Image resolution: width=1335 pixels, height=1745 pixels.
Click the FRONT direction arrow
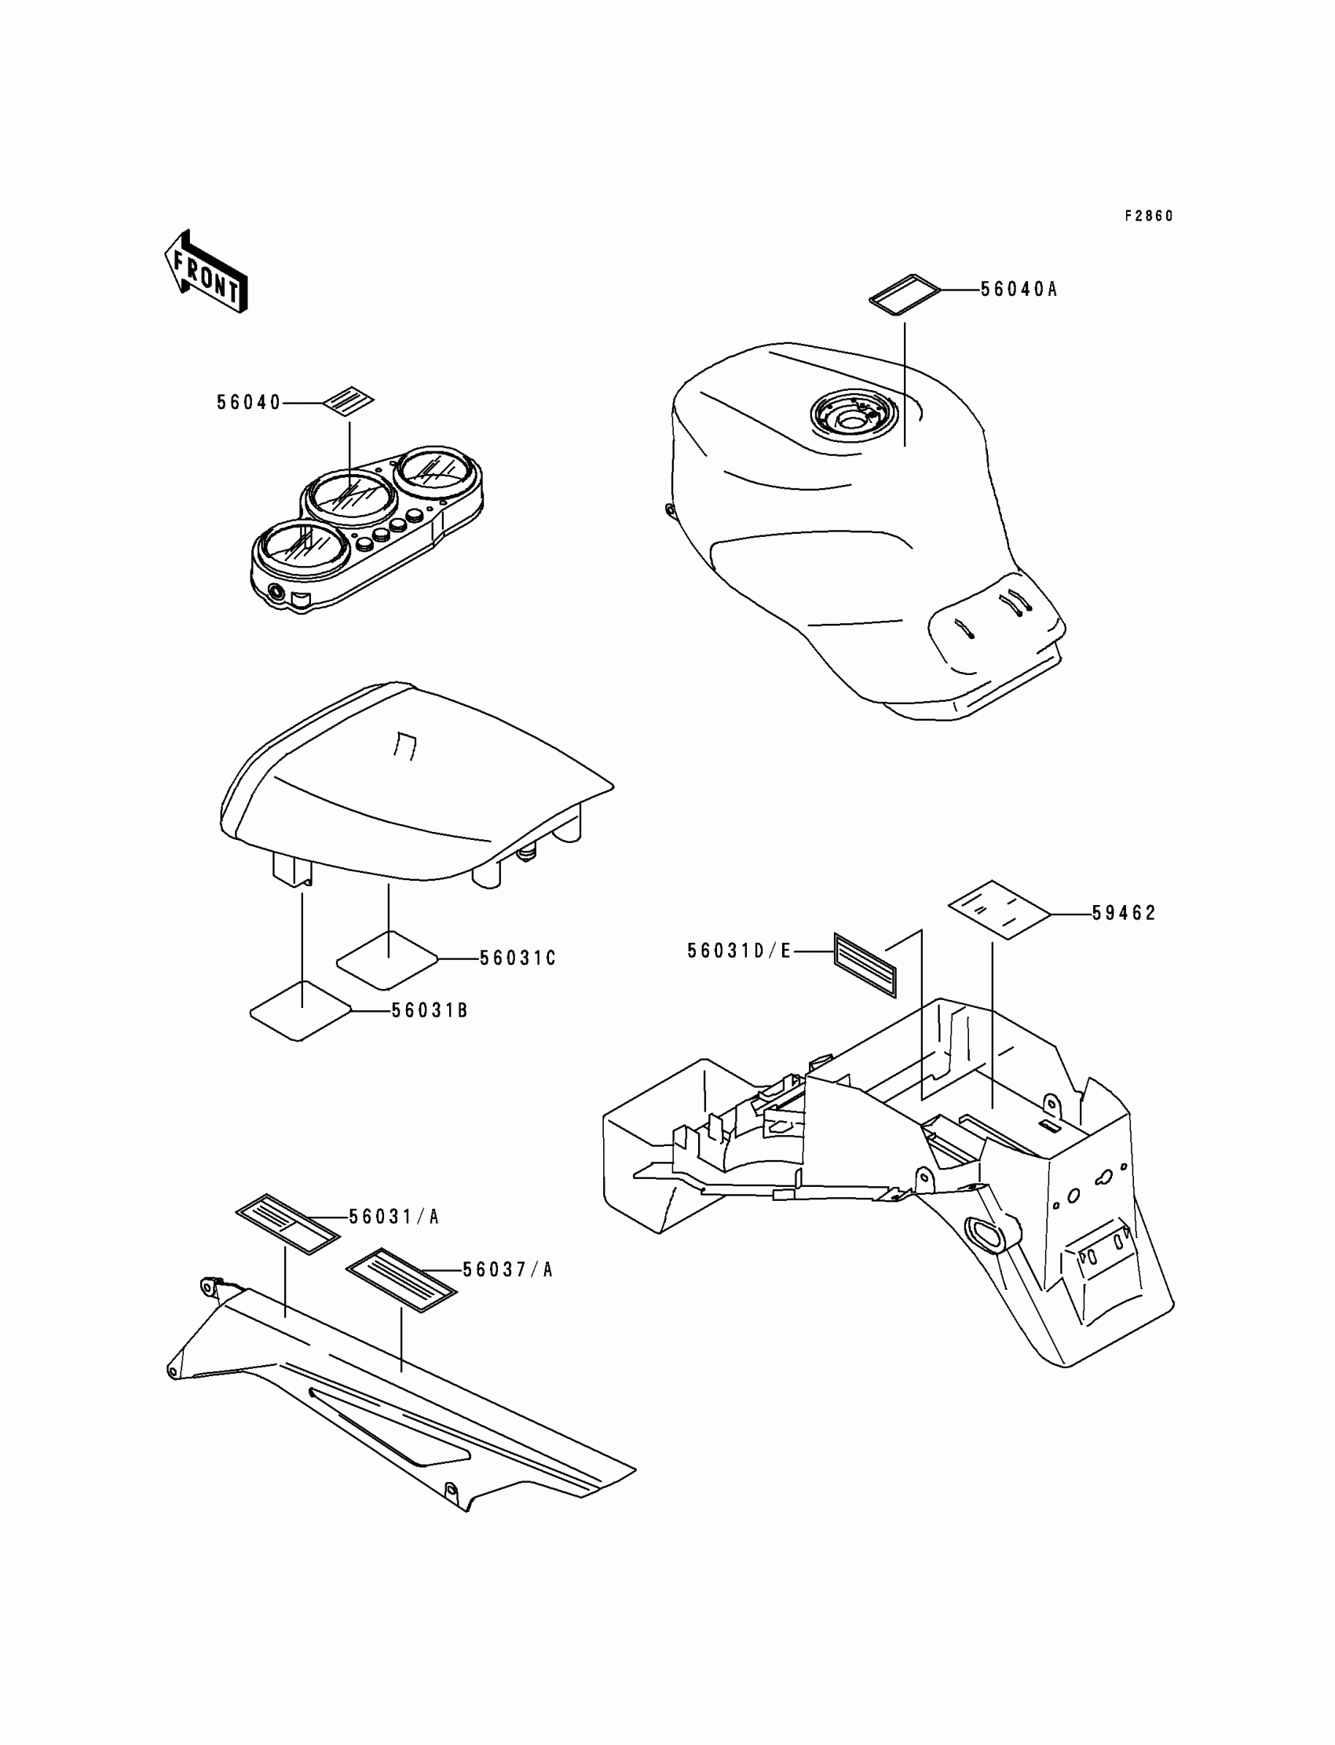click(x=206, y=272)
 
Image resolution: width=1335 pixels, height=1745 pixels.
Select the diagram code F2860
click(x=1148, y=216)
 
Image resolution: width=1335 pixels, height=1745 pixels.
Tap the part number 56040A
click(x=1019, y=290)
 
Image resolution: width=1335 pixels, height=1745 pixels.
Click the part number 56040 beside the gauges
click(x=249, y=403)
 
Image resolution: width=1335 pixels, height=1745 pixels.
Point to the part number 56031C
click(x=518, y=958)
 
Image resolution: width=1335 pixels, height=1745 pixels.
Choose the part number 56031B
click(x=429, y=1011)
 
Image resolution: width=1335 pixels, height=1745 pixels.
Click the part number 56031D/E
click(x=739, y=951)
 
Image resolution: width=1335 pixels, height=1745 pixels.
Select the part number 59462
click(x=1124, y=914)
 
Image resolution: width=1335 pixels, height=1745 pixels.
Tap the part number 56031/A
click(x=394, y=1217)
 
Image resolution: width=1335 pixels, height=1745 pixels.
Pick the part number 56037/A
click(x=508, y=1270)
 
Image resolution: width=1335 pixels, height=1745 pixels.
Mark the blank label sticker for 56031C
click(x=388, y=959)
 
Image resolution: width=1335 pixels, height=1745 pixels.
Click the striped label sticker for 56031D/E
click(x=865, y=964)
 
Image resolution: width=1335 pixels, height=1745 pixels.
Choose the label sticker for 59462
click(x=999, y=911)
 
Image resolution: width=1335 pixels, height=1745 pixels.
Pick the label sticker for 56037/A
click(x=402, y=1278)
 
